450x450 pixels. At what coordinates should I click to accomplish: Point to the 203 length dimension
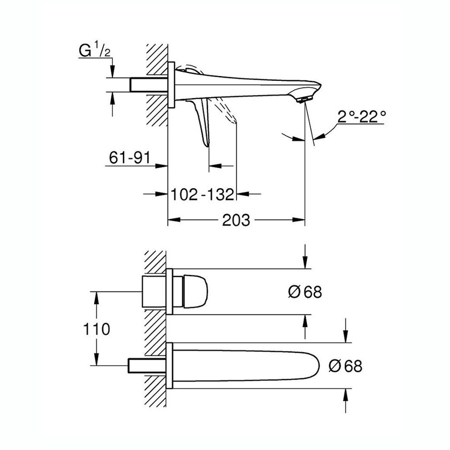coord(236,220)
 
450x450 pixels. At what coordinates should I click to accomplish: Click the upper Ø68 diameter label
coord(305,292)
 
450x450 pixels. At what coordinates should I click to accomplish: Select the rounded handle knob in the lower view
coord(195,291)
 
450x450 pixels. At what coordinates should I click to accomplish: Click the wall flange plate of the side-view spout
coord(171,85)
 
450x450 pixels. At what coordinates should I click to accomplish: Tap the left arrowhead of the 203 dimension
coord(172,220)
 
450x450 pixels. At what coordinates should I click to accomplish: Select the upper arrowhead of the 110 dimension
coord(96,295)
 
